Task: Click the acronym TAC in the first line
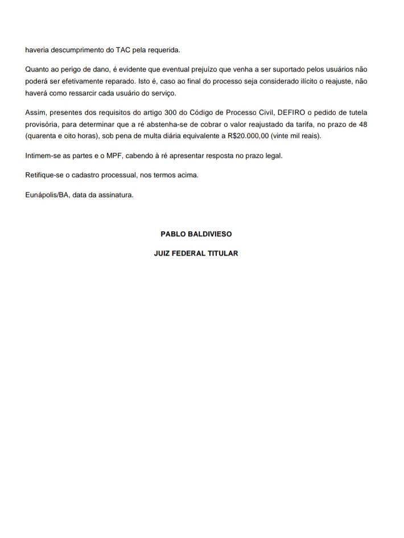[123, 49]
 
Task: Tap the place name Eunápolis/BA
[47, 195]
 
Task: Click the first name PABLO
[173, 233]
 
